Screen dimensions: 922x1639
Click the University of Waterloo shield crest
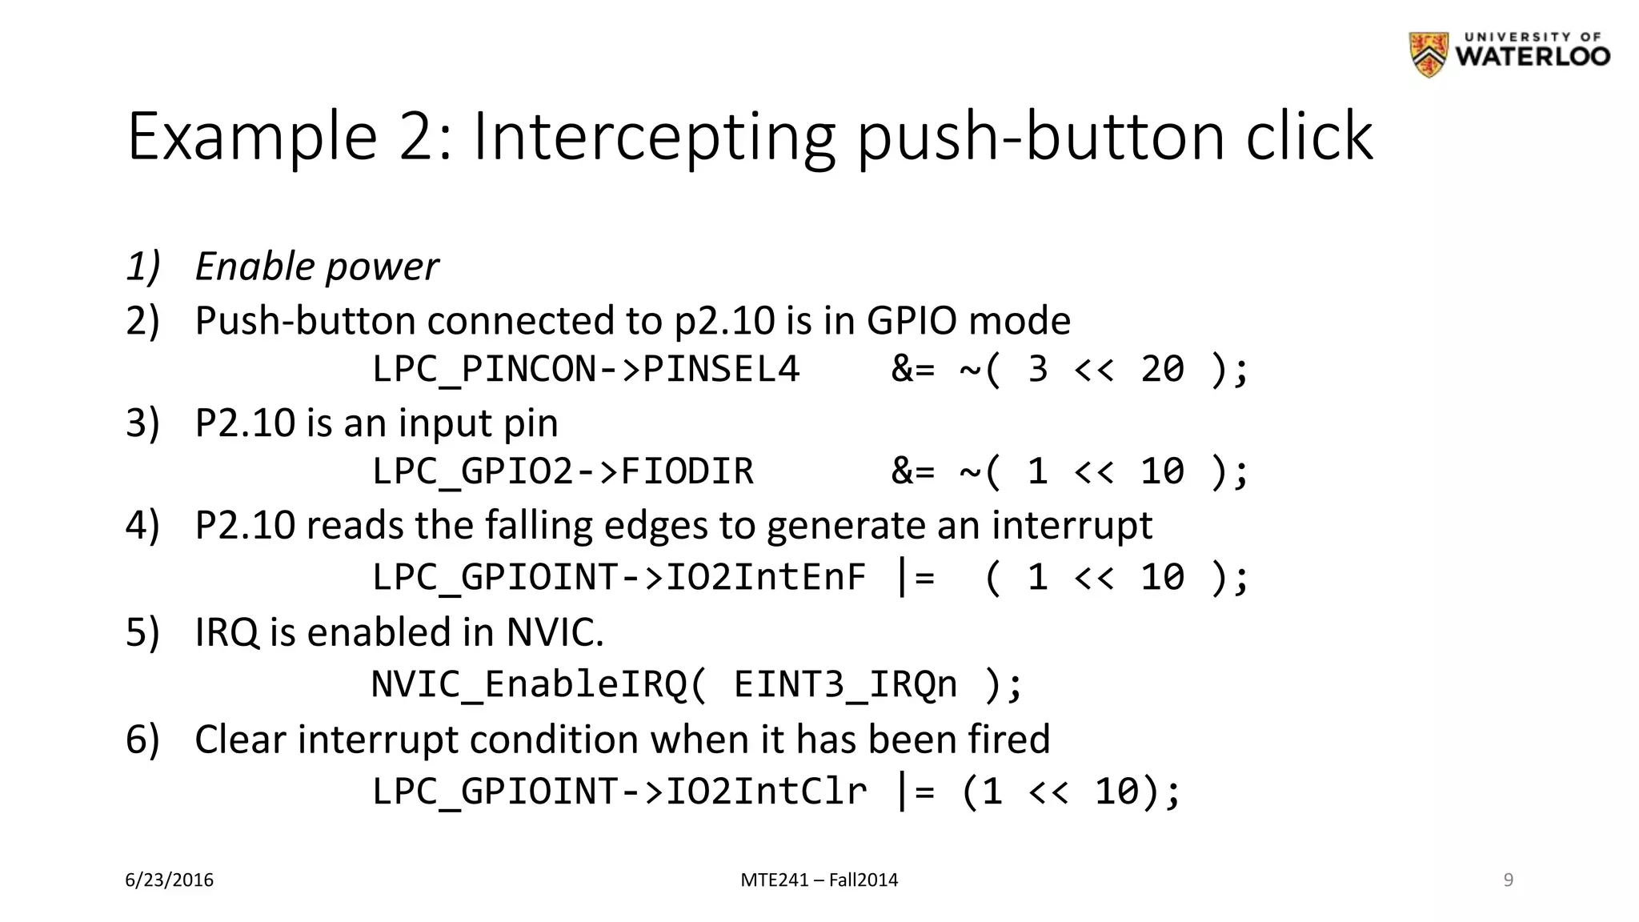click(x=1429, y=54)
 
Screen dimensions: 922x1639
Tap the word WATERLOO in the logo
click(x=1533, y=57)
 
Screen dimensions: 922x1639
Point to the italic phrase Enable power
click(x=317, y=267)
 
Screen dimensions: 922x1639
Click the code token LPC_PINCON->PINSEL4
click(x=586, y=369)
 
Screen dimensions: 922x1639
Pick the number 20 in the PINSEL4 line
click(x=1162, y=369)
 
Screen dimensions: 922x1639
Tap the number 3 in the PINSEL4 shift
click(x=1037, y=369)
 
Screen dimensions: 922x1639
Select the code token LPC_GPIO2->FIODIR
click(x=563, y=471)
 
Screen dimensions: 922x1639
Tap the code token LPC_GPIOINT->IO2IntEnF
click(x=619, y=577)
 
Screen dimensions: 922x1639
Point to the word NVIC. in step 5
click(x=555, y=632)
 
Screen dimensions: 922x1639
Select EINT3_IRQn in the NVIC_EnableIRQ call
click(x=845, y=684)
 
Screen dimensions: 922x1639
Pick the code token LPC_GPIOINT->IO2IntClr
click(x=619, y=792)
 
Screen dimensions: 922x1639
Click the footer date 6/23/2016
click(x=170, y=880)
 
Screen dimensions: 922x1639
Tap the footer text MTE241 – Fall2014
click(x=819, y=880)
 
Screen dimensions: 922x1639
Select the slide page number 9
click(x=1508, y=880)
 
